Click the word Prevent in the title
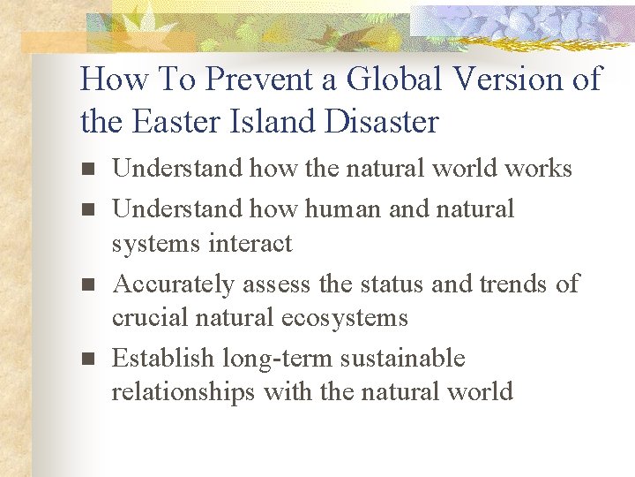click(x=262, y=79)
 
